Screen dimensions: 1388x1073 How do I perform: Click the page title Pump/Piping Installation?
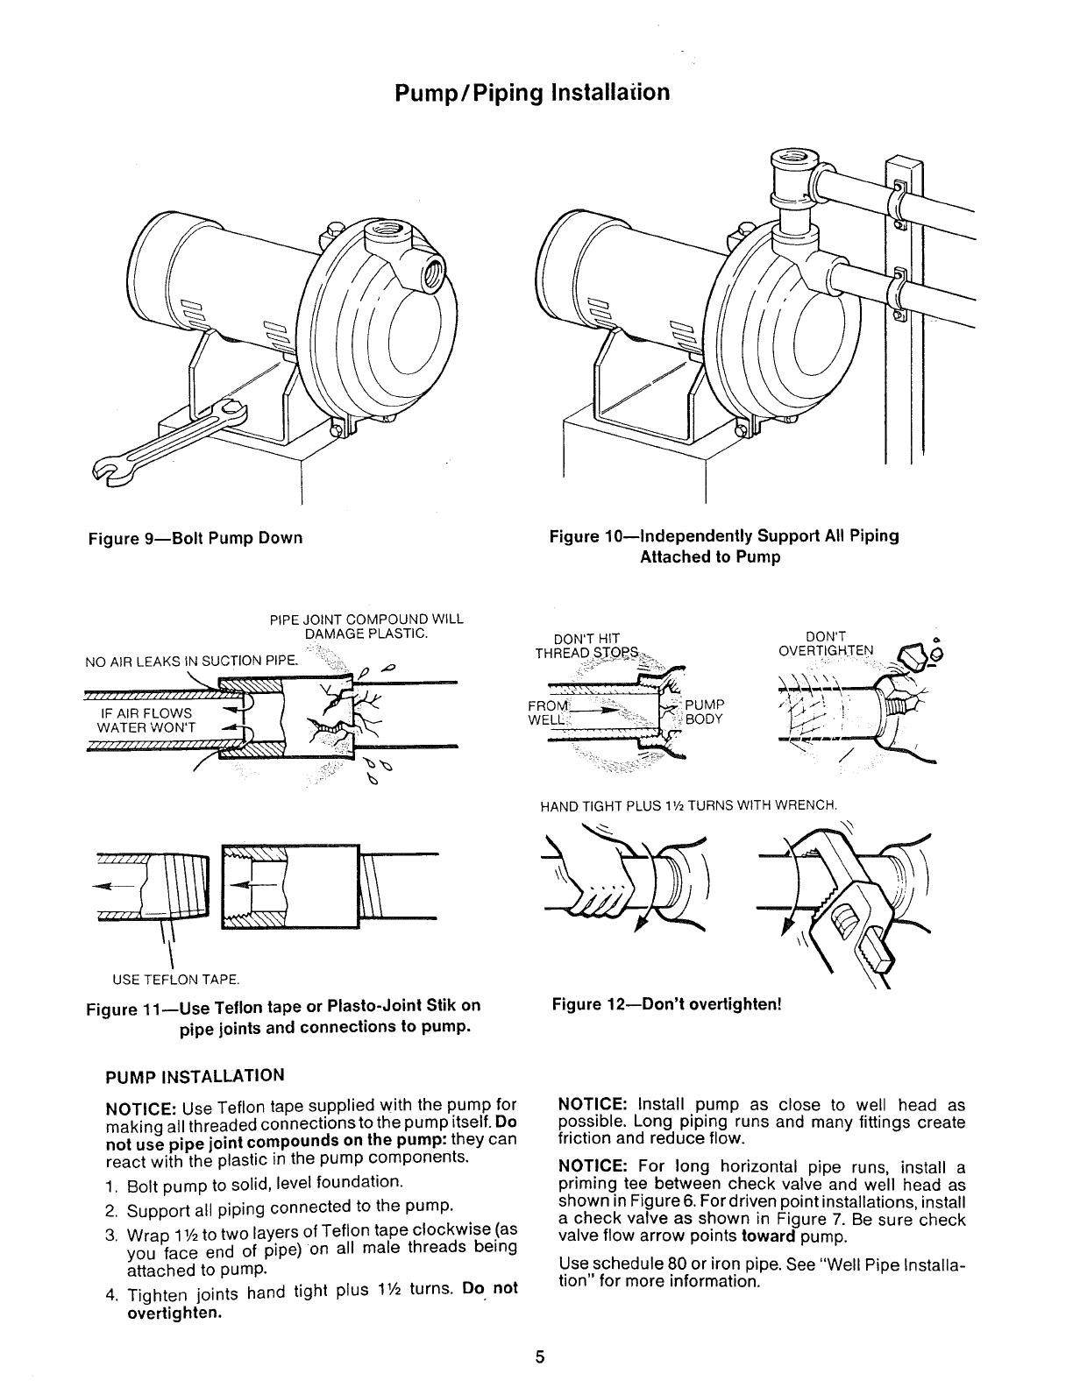coord(533,93)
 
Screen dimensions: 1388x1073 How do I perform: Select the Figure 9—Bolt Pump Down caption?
coord(195,538)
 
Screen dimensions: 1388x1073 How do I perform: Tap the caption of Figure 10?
coord(723,546)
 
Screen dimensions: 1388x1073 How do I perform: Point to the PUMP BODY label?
coord(704,712)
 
